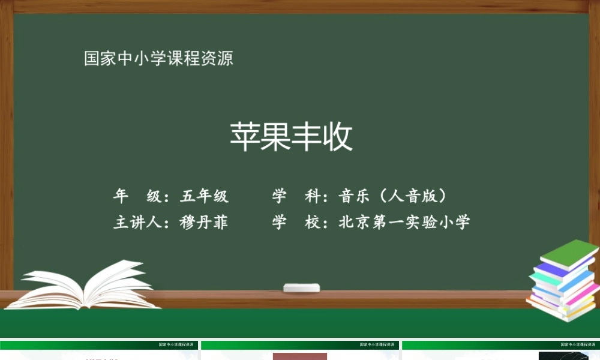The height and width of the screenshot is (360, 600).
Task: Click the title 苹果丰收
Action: (x=292, y=137)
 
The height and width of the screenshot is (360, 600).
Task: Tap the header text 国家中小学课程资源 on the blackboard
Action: (x=158, y=59)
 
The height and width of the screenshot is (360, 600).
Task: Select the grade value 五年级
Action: (x=204, y=196)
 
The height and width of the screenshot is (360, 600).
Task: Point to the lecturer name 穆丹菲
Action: (x=204, y=223)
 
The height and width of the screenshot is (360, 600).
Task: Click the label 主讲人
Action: (x=137, y=223)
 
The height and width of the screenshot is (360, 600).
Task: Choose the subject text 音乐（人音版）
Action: (x=394, y=196)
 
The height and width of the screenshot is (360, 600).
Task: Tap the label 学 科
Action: (x=296, y=196)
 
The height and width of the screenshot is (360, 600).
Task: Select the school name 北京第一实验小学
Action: (x=404, y=223)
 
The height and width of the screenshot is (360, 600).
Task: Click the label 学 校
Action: (x=296, y=223)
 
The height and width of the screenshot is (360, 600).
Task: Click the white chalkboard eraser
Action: (x=301, y=287)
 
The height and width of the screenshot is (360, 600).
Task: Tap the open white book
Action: (x=90, y=286)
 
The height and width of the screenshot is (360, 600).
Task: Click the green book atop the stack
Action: (x=568, y=253)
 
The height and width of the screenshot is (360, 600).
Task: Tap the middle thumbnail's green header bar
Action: (x=300, y=345)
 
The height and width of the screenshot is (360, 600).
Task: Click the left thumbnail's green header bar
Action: (x=99, y=345)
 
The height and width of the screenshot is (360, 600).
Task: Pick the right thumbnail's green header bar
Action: (x=501, y=345)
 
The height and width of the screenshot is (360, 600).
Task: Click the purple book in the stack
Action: (x=555, y=271)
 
